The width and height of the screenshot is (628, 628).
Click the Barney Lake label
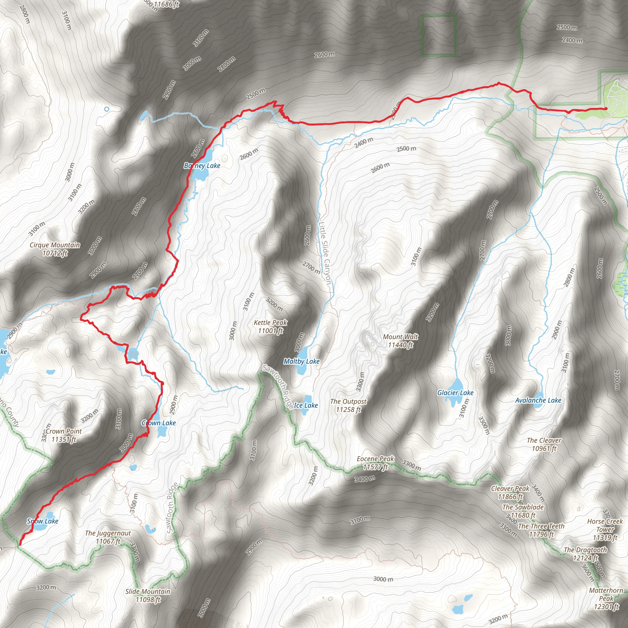tap(202, 166)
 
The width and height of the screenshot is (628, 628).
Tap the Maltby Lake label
tap(301, 361)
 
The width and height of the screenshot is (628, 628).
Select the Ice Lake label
tap(305, 405)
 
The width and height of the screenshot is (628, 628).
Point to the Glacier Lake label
tap(455, 393)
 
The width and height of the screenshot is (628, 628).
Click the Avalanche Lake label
tap(538, 400)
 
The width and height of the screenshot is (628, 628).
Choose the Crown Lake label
tap(159, 423)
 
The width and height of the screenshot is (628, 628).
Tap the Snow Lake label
tap(43, 521)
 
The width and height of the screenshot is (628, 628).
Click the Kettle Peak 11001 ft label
tap(270, 327)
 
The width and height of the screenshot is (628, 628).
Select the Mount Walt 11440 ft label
tap(400, 341)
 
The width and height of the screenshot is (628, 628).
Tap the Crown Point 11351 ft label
tap(64, 435)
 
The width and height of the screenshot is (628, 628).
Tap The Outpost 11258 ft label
tap(348, 405)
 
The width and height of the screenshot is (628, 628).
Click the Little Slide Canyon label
tap(324, 253)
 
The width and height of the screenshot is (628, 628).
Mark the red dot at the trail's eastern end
tap(606, 109)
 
